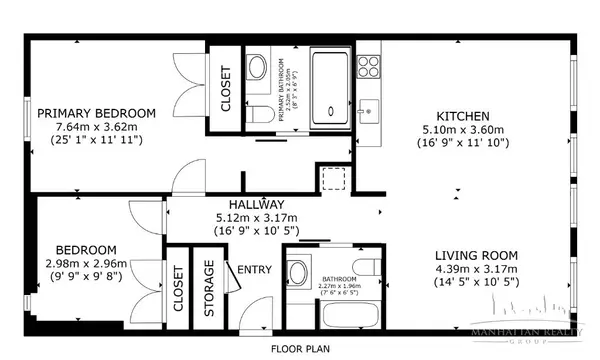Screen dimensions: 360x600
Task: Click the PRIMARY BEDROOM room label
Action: pos(97,113)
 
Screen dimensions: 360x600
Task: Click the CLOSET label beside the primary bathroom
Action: pos(226,90)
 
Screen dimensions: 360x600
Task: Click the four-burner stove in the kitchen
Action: pos(368,67)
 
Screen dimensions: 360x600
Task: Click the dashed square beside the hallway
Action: pos(331,181)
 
